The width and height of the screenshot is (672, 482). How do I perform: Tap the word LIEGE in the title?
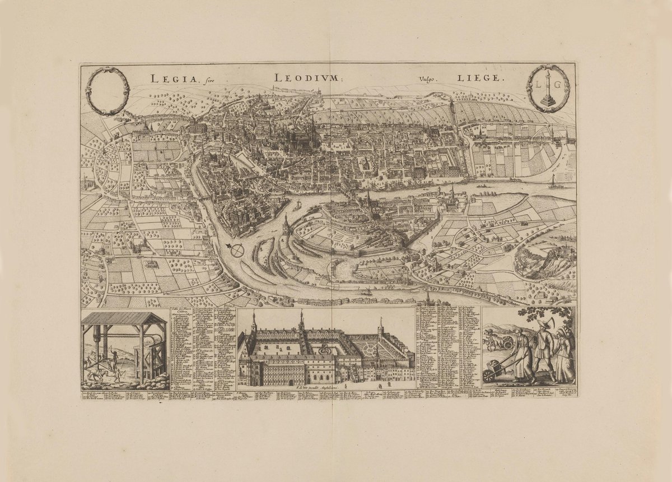483,79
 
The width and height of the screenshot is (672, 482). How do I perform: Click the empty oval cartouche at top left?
108,91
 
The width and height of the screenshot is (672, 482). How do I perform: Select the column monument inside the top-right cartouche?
548,87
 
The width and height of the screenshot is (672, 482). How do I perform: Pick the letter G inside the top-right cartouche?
557,85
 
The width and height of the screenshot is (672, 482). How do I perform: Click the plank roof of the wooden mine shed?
124,319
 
